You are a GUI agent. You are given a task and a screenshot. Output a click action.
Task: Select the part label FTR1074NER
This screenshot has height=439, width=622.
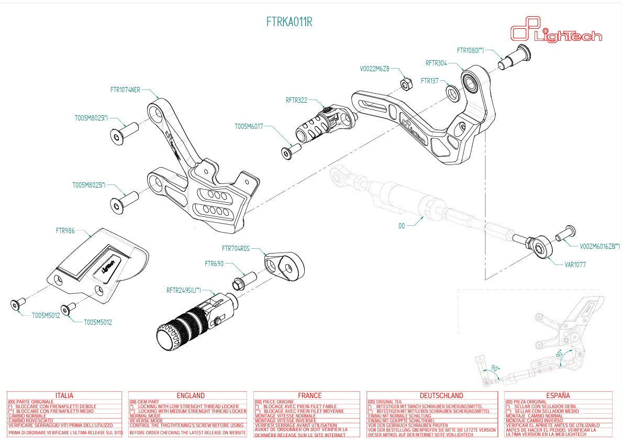point(125,90)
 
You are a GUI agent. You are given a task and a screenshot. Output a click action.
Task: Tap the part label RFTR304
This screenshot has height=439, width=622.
point(436,63)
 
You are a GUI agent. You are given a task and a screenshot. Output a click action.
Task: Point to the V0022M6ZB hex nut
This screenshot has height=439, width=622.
point(405,83)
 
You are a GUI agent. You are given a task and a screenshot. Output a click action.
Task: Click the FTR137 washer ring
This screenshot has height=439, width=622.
point(453,93)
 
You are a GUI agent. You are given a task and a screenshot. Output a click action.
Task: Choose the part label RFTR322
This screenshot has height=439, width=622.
point(296,100)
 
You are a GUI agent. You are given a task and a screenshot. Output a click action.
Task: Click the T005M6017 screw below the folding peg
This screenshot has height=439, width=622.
point(287,152)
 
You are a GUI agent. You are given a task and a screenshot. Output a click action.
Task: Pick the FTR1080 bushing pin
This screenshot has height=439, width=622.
point(514,57)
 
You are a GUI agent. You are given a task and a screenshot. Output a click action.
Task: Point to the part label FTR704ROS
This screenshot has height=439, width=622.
point(236,248)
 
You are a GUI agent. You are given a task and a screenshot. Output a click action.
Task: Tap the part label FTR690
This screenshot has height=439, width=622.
point(214,264)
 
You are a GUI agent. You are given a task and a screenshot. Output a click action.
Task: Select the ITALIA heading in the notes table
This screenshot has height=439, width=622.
point(64,396)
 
